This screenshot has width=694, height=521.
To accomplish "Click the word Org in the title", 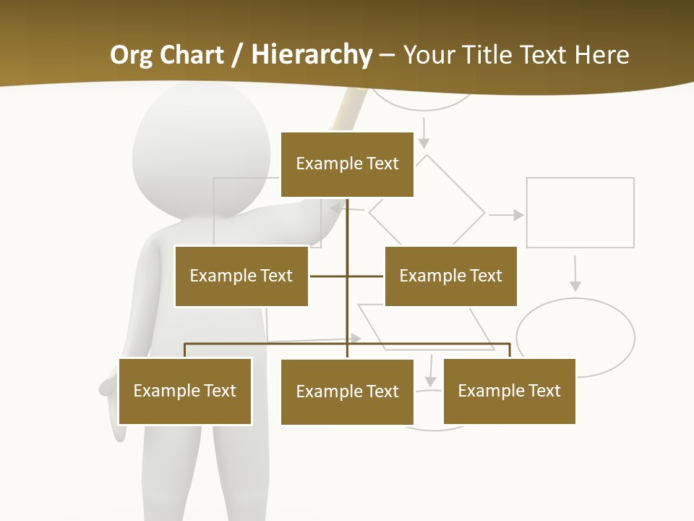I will [x=132, y=55].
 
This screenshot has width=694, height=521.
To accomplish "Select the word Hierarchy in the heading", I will [x=312, y=55].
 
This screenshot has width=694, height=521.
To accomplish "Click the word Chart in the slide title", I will [x=192, y=55].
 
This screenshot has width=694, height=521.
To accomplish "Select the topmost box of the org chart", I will [x=347, y=164].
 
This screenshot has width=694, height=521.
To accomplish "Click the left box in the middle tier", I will [x=241, y=276].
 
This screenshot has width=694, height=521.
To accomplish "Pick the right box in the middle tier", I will [x=450, y=276].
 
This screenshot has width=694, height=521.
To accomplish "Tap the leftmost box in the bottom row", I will [x=185, y=391].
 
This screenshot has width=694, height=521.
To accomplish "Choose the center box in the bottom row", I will [x=347, y=391].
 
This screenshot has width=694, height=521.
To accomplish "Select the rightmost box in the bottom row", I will [x=509, y=391].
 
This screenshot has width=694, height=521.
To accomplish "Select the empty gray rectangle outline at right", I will [x=580, y=212].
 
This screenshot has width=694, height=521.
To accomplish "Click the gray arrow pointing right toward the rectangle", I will [x=506, y=215].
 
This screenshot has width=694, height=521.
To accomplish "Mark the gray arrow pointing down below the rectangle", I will [x=575, y=274].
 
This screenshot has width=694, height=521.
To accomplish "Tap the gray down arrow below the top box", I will [x=424, y=132].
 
